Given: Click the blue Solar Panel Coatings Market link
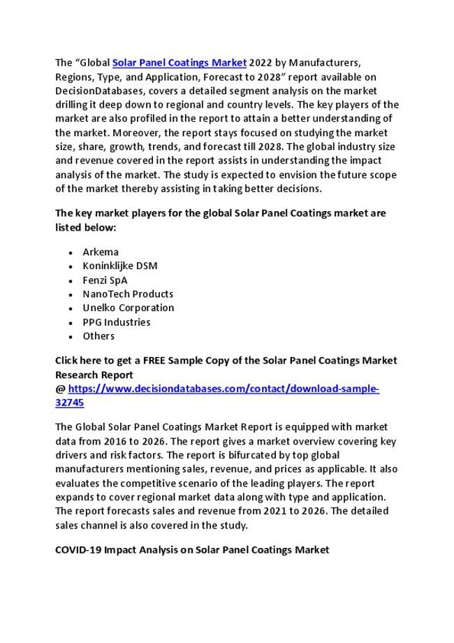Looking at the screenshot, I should (180, 62).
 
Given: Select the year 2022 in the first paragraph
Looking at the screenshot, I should (262, 62).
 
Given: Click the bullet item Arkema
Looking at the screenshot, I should (101, 252).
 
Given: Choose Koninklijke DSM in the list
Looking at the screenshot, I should (120, 266).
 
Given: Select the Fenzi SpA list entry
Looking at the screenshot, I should (105, 280).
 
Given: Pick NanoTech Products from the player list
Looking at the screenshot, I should (128, 294).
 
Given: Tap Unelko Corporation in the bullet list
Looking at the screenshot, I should (129, 308).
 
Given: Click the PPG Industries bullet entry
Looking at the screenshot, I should (117, 322).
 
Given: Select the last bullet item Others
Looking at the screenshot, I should (98, 336).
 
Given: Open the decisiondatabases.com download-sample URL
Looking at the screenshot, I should (224, 389).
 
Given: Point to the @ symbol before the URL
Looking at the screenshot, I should (60, 389).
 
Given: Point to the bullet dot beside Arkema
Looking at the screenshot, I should (73, 252).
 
